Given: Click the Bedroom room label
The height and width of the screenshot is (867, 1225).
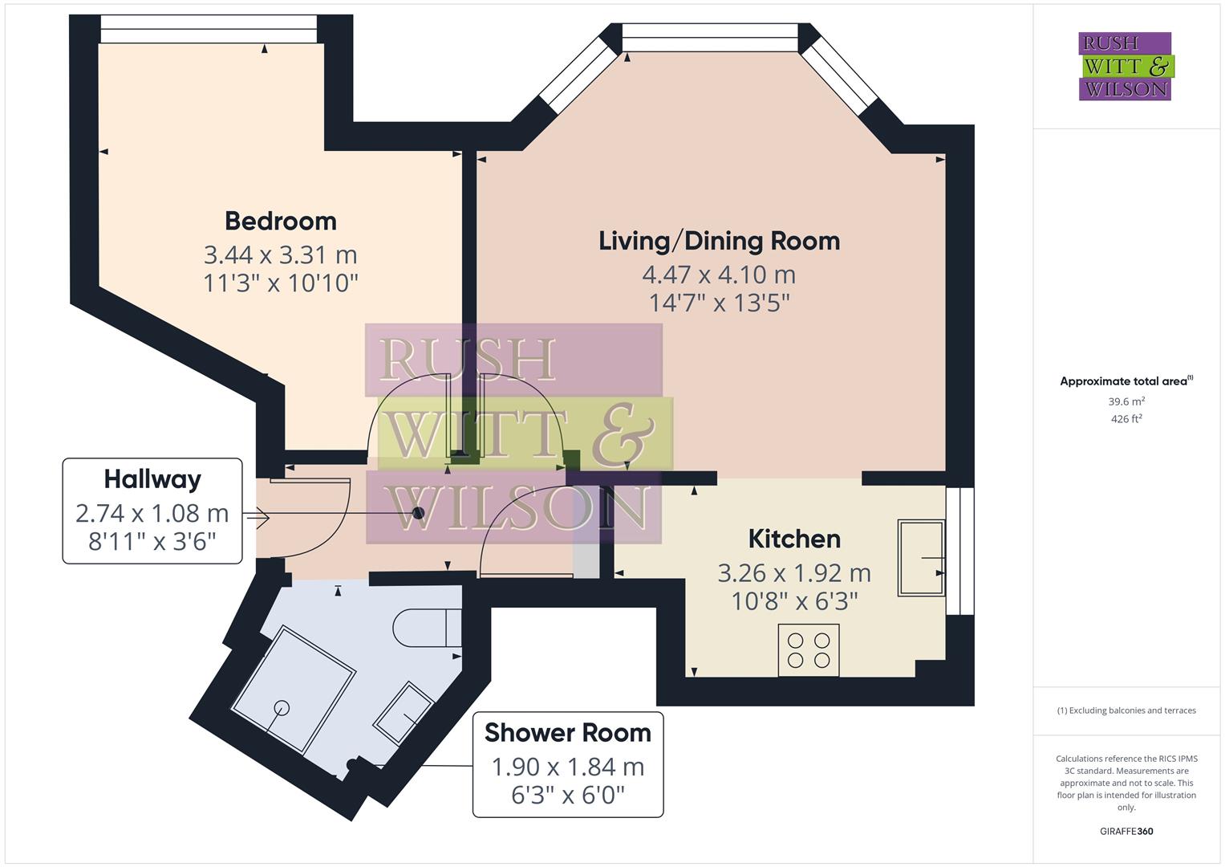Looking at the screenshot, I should pyautogui.click(x=280, y=221).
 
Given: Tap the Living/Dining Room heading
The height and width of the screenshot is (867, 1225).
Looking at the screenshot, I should pyautogui.click(x=719, y=241).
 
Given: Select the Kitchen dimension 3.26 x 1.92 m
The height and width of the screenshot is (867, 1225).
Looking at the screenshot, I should pyautogui.click(x=793, y=573).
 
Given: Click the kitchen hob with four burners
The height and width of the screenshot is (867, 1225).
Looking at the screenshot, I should pyautogui.click(x=809, y=650).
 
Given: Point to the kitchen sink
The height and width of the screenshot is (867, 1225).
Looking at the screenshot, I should pyautogui.click(x=921, y=557).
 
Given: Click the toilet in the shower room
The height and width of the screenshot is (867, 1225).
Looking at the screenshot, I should pyautogui.click(x=428, y=628).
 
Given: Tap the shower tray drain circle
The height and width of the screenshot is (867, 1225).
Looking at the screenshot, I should pyautogui.click(x=282, y=707).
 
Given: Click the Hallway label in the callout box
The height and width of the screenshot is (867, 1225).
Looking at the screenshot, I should pyautogui.click(x=152, y=479).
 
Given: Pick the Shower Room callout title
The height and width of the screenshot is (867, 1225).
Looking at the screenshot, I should pyautogui.click(x=568, y=733).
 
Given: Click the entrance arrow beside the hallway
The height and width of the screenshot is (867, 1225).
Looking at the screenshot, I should pyautogui.click(x=258, y=519).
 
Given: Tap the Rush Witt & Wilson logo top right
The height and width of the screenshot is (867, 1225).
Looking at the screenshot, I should pyautogui.click(x=1125, y=67).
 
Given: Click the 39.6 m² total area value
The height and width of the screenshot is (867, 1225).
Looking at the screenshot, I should pyautogui.click(x=1126, y=401).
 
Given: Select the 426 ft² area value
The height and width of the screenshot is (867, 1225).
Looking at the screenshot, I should pyautogui.click(x=1126, y=419).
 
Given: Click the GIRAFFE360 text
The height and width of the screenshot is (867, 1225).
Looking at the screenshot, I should pyautogui.click(x=1126, y=831).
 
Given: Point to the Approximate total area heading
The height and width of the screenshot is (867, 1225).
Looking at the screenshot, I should pyautogui.click(x=1126, y=381).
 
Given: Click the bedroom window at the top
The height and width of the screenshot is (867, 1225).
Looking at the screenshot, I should pyautogui.click(x=209, y=30).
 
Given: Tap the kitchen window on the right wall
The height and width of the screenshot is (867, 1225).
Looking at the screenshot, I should pyautogui.click(x=959, y=551).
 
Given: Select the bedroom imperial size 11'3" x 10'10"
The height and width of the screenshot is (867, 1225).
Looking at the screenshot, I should pyautogui.click(x=280, y=283).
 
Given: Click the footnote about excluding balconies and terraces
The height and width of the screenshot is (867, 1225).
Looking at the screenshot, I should pyautogui.click(x=1126, y=710).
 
